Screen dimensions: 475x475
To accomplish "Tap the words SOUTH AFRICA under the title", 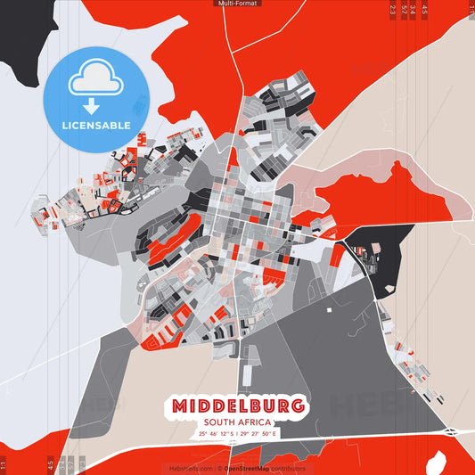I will pos(238,422).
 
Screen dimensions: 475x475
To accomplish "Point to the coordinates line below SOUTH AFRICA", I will pos(238,434).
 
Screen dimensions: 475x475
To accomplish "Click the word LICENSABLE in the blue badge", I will pos(96,125).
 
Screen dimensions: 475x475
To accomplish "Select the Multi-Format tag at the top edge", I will pos(237,4).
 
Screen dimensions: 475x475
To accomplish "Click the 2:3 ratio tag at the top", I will pos(393,11).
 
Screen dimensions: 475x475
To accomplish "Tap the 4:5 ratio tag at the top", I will pos(424,11).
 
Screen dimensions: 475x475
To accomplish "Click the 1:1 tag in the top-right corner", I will pos(471,11).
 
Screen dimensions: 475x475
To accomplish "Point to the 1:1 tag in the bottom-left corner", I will pos(4,464).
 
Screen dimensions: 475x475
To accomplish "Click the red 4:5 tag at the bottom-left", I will pos(50,464).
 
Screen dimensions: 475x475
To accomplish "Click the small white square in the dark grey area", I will pos(329,309).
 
